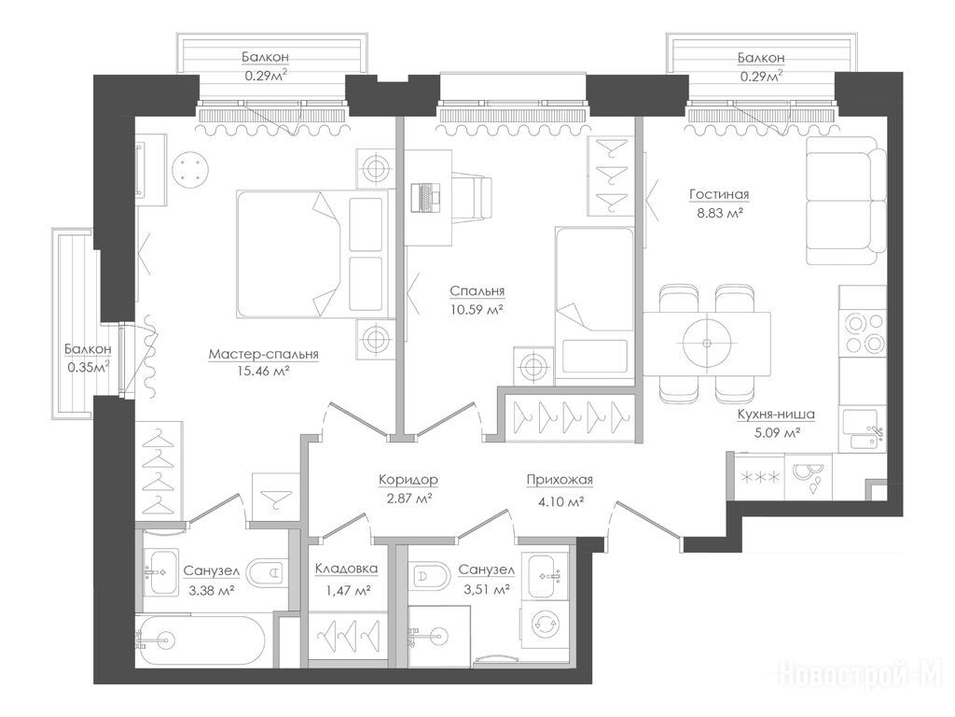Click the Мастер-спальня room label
coord(263,354)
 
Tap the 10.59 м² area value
coord(477,309)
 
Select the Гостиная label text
coord(719,194)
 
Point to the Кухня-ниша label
coord(776,415)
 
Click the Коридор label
coord(408,480)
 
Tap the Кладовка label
coord(346,569)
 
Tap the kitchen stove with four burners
coord(863,332)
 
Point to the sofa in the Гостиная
coord(846,201)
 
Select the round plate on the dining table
coord(707,344)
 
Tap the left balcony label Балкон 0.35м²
coord(88,358)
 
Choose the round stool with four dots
coord(190,169)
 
